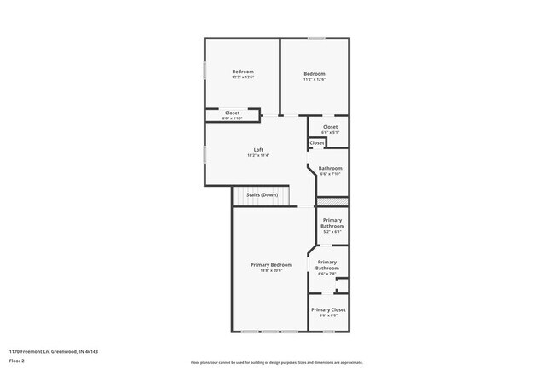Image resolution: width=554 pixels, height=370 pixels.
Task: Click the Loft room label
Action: pos(258,150)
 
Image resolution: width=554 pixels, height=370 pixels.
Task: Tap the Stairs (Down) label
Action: pos(262,195)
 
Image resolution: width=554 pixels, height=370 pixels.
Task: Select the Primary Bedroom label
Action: pos(271,265)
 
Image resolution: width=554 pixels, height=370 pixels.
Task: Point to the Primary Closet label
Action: pos(328,309)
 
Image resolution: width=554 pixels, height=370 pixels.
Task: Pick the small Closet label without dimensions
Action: pos(316,142)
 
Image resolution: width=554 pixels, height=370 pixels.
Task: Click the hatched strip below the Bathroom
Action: pos(332,202)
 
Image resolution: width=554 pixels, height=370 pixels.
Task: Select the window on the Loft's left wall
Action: pos(204,154)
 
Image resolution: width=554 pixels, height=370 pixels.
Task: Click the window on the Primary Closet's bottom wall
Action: pos(329,332)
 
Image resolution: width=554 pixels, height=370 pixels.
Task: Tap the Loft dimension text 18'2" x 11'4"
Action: pos(258,156)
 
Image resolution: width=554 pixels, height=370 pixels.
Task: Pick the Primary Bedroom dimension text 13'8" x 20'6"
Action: pos(271,270)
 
